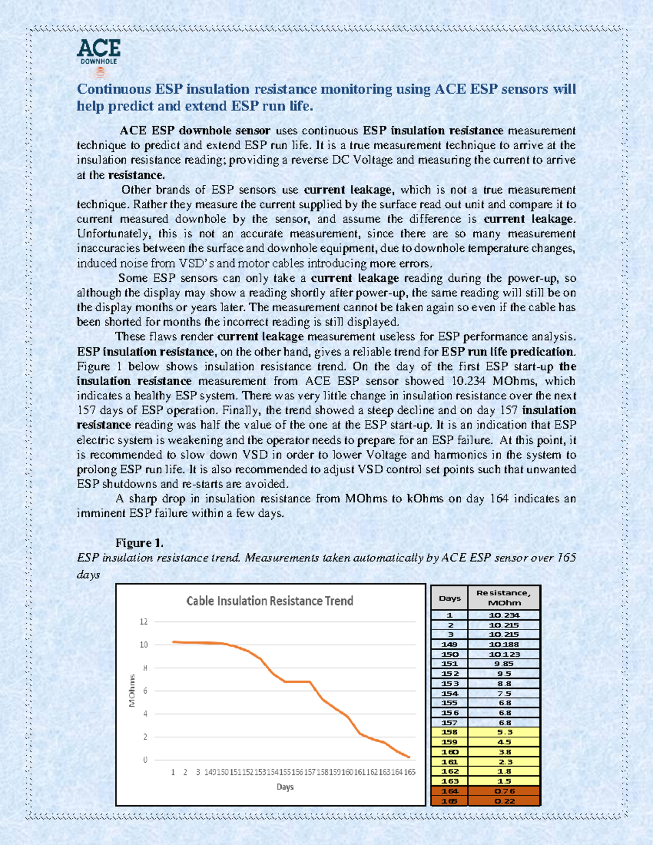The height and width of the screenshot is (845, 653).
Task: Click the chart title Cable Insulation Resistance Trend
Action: tap(269, 601)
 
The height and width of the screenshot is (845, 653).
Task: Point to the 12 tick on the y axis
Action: tap(144, 621)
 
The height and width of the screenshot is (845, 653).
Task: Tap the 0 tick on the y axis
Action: tap(145, 760)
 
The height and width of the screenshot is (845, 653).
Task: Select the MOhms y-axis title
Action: tap(132, 690)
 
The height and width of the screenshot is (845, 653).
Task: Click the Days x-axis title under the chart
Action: tap(285, 787)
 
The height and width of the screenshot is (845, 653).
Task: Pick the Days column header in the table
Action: tap(449, 598)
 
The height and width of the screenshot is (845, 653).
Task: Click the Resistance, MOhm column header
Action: tap(503, 597)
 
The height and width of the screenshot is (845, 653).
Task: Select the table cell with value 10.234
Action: tap(504, 615)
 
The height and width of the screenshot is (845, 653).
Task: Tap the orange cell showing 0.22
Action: tap(504, 801)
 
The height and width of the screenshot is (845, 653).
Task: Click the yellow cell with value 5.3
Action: tap(504, 732)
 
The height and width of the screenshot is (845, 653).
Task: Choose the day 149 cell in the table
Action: tap(449, 644)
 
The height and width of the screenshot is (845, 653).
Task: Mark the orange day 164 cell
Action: tap(449, 791)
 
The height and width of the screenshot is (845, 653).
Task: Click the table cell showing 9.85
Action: tap(504, 664)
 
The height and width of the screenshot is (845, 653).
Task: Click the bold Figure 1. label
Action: tap(139, 542)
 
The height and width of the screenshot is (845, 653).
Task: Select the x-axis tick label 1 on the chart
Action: tap(173, 772)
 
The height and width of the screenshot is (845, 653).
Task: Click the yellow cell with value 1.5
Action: tap(504, 781)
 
